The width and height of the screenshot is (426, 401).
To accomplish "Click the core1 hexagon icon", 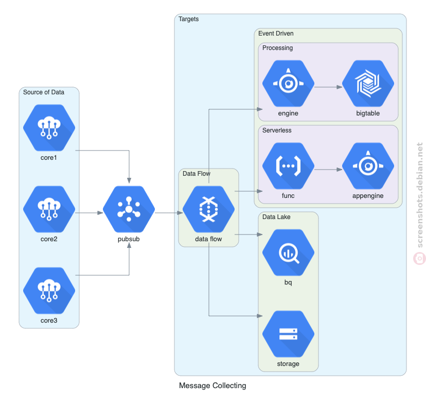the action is (x=49, y=128).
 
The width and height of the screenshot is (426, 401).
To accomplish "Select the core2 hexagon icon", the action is (x=49, y=209).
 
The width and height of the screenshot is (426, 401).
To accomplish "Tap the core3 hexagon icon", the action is (x=49, y=291).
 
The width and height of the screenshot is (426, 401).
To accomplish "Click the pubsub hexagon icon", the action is (x=129, y=209).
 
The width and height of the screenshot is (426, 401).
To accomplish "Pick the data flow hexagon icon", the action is (x=209, y=209).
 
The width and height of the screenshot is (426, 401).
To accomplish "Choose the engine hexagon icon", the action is (x=288, y=83).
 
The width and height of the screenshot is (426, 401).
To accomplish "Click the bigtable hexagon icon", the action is (x=368, y=83).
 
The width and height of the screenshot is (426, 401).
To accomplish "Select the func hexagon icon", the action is (x=288, y=166).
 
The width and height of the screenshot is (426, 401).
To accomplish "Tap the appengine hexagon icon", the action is (x=368, y=166).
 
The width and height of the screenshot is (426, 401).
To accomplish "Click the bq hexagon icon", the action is (x=288, y=253).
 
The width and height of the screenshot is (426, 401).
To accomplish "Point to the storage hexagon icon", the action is (x=288, y=334).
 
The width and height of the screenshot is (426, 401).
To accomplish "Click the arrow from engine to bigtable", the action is (x=328, y=87).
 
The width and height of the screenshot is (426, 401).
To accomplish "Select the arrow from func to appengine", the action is (x=328, y=170).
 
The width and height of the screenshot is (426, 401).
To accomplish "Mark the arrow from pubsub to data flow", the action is (x=169, y=213).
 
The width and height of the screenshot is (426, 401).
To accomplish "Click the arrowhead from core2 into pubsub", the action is (x=100, y=213).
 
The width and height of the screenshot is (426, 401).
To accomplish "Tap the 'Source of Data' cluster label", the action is (x=44, y=92).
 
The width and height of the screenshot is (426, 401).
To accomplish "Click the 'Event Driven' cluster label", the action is (x=276, y=34).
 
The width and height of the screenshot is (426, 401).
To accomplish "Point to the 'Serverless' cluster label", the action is (x=277, y=130).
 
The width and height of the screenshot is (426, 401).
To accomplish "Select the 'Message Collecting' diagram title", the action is (x=212, y=386).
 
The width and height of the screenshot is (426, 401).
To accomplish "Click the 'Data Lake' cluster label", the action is (x=276, y=217).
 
